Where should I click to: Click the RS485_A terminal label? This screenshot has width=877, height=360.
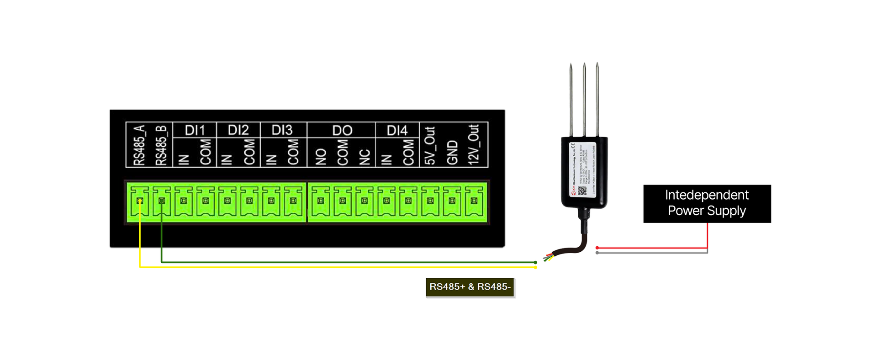tap(139, 145)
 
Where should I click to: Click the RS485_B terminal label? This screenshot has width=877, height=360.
tap(161, 145)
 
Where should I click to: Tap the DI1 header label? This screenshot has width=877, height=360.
tap(194, 130)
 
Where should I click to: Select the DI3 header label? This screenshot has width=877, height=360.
tap(282, 130)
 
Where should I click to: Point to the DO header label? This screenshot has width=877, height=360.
tap(342, 131)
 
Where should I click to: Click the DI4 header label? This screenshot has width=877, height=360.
tap(396, 131)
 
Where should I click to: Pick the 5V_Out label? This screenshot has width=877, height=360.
tap(430, 145)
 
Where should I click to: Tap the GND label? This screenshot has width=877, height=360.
tap(452, 153)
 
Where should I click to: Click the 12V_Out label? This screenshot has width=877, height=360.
tap(474, 144)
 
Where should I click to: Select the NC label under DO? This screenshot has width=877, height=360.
tap(364, 157)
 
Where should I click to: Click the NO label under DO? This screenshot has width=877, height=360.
tap(321, 157)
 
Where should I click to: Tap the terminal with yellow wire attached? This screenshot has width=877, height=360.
tap(140, 201)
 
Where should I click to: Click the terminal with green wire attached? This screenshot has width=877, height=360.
tap(162, 201)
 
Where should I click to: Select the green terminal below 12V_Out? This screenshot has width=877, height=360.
tap(474, 201)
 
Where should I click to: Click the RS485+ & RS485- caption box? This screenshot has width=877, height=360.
tap(470, 287)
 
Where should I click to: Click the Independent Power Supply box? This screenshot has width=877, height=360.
tap(707, 204)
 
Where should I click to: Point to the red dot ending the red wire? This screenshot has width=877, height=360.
tap(597, 248)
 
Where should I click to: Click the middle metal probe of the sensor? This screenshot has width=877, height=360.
tap(584, 98)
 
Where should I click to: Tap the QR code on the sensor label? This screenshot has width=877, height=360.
tap(582, 191)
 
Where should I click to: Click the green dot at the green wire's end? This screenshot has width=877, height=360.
tap(535, 262)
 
